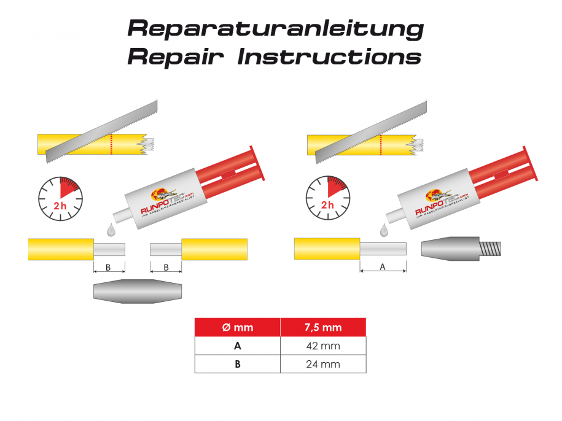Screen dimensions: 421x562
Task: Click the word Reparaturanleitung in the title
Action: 275,28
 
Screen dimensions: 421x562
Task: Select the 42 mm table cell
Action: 323,346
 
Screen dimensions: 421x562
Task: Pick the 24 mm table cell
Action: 323,364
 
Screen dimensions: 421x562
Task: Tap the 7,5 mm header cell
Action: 323,328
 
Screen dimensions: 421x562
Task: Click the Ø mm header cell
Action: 237,328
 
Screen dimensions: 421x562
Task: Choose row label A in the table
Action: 237,346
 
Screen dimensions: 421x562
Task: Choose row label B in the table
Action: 237,364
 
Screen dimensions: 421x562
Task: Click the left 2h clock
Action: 60,198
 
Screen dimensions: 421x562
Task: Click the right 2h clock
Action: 328,198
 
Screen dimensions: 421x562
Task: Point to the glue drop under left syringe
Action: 111,230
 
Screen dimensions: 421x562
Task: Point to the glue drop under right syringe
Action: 384,230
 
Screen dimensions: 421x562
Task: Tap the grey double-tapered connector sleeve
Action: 138,291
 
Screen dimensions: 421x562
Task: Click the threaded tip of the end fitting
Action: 491,249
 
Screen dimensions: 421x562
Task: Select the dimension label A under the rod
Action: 383,268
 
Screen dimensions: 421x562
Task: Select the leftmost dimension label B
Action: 109,268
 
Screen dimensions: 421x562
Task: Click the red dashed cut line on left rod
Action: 111,145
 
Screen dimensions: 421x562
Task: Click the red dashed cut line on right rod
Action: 381,145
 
